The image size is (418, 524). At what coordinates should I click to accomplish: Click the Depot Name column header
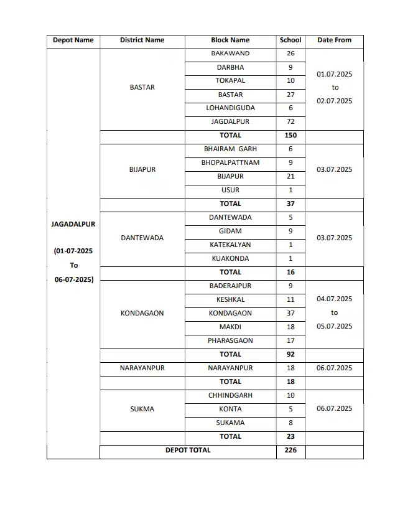73,40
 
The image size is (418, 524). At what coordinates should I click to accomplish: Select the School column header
290,40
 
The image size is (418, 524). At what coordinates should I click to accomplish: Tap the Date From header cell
334,40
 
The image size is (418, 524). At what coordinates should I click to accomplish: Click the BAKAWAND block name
230,54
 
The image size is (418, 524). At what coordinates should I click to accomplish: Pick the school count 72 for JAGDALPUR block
290,122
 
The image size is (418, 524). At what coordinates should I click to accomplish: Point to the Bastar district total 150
290,136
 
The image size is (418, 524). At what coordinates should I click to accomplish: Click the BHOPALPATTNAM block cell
230,163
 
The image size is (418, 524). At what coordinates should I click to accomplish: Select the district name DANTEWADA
142,238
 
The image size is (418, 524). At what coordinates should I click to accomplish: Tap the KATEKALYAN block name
230,245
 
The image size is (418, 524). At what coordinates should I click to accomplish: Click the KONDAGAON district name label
142,314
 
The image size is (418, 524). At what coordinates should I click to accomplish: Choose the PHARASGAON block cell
230,341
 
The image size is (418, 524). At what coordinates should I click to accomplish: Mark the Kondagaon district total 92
290,355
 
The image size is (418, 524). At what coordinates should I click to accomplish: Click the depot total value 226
290,451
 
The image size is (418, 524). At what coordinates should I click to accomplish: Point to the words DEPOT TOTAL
188,451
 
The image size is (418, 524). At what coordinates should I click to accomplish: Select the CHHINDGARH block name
230,396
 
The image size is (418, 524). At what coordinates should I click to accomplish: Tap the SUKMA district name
142,409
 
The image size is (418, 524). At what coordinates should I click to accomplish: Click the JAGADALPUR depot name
73,225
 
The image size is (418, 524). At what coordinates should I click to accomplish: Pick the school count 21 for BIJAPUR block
290,177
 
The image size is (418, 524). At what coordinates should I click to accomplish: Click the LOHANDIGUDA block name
230,108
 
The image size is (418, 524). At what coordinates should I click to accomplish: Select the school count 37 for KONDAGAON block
290,314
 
